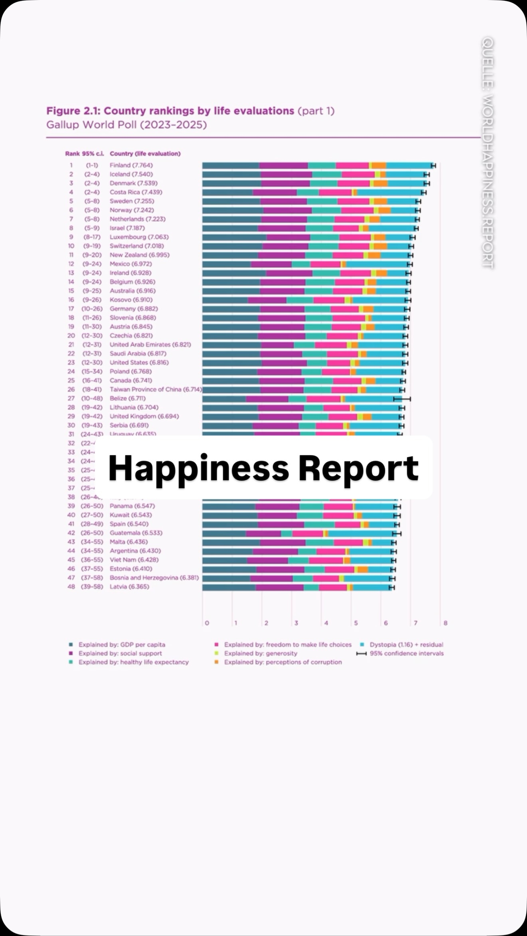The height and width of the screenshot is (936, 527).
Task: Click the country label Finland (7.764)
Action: point(131,165)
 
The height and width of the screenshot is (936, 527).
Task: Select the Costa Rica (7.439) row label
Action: point(136,192)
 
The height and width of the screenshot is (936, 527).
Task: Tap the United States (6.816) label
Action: point(139,363)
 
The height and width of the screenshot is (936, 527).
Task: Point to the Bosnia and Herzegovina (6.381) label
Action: point(154,578)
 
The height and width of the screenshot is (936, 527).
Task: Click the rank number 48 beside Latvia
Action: point(71,587)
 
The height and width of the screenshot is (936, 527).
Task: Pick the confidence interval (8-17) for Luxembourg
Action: point(92,237)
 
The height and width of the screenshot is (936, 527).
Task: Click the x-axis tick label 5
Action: point(356,623)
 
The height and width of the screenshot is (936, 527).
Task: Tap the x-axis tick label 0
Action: point(207,623)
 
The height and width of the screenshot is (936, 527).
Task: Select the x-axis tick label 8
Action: point(446,623)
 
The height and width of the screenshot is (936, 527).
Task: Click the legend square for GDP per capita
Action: point(71,644)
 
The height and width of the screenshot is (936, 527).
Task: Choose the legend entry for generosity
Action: point(260,653)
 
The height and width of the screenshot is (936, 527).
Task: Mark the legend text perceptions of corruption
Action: point(283,662)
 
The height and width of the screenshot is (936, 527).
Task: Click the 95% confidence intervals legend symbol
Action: point(361,654)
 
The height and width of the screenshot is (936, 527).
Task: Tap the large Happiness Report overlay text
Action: point(263,468)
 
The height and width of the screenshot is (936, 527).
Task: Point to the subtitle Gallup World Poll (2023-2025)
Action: point(127,125)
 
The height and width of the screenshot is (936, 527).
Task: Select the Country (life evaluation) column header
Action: point(145,154)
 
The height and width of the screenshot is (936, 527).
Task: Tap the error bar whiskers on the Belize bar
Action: point(402,399)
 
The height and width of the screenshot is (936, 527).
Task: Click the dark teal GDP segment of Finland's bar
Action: point(231,166)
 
